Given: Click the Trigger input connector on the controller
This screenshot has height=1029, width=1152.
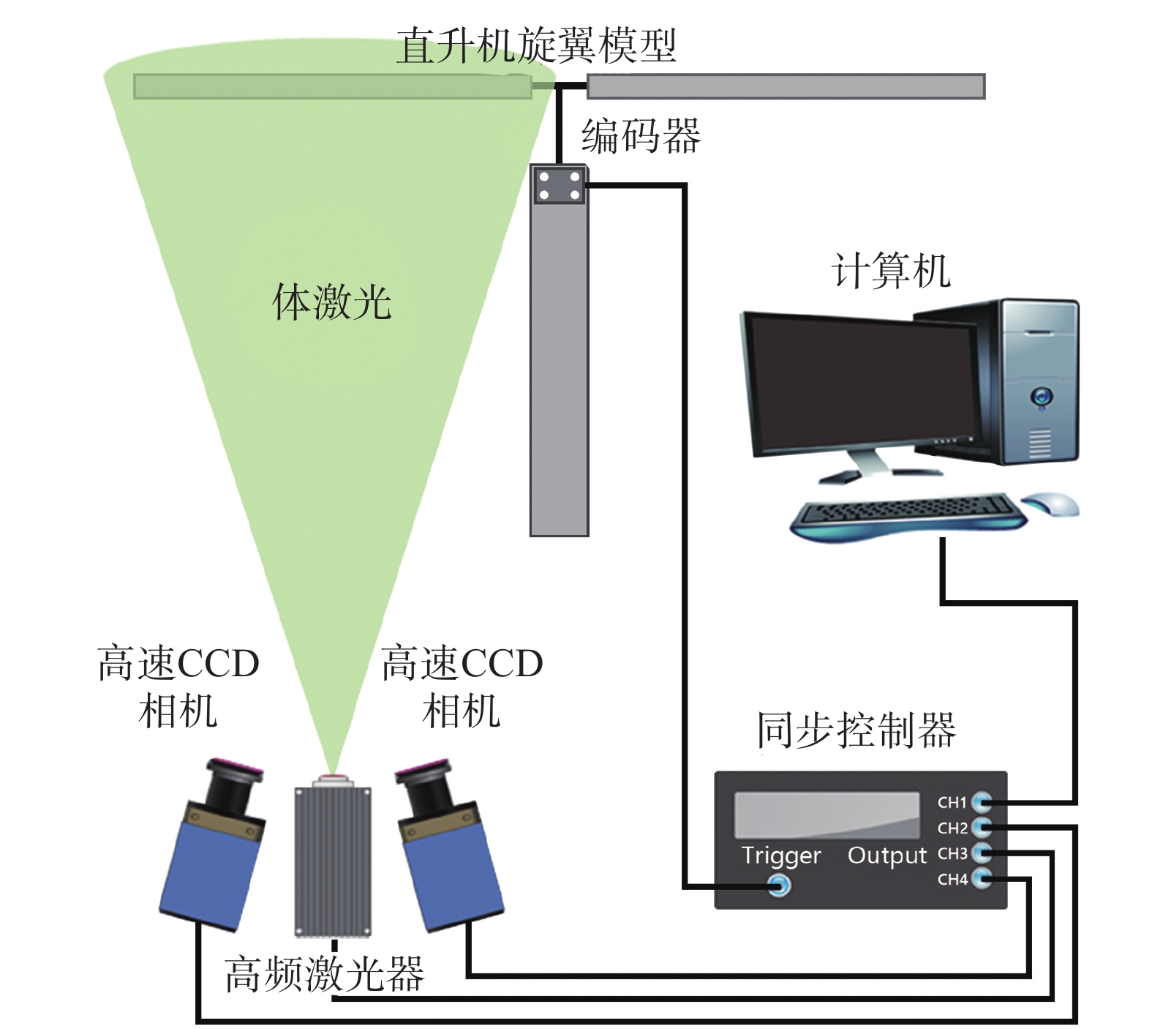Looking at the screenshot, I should point(779,886).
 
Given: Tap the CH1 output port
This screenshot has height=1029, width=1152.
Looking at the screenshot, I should point(982,802).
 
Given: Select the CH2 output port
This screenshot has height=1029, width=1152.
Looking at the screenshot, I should point(982,828).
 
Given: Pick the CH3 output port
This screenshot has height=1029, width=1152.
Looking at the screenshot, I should point(982,853).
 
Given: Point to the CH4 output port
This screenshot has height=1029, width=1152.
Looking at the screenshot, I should point(982,878).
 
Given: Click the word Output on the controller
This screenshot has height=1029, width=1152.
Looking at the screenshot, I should point(886,856).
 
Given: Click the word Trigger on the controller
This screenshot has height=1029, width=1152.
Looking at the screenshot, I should point(780,856).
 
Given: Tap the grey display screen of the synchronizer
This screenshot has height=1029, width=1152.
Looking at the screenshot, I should point(827,814).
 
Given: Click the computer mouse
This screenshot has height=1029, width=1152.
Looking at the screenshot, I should point(1050,504).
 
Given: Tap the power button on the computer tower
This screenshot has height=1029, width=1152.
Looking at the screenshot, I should point(1041,397).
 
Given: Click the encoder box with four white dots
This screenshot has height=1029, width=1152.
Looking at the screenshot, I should point(560,185).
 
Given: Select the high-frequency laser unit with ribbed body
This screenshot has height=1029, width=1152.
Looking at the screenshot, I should point(333,860).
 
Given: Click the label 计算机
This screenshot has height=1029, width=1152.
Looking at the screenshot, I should point(891,272).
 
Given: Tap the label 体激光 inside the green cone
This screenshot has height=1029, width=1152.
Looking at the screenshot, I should point(331,302).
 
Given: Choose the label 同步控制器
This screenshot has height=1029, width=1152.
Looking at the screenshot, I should point(856,730).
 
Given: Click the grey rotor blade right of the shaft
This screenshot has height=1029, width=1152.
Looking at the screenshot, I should point(786,86).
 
